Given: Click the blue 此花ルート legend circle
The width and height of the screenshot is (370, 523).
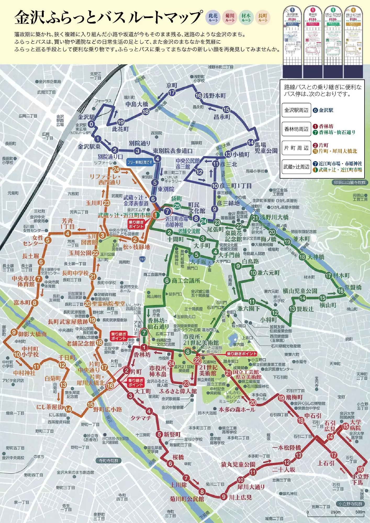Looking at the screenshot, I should (213, 18).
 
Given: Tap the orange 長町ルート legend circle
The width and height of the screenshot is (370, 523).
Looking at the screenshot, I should (263, 18).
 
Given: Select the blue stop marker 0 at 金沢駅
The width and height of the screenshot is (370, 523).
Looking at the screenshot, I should (91, 124).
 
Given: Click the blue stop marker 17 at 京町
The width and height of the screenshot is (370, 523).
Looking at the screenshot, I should (172, 93).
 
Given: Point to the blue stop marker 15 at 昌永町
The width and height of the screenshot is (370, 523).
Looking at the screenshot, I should (226, 110).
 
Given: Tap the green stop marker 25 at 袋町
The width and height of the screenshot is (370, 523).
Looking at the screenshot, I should (177, 206).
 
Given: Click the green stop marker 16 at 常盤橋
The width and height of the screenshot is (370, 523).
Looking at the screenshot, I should (340, 291).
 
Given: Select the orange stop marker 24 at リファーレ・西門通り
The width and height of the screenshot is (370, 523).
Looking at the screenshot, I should (116, 169).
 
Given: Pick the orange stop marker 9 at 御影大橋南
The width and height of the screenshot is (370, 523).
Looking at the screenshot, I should (14, 332).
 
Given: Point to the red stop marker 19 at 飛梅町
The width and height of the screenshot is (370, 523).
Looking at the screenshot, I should (281, 398).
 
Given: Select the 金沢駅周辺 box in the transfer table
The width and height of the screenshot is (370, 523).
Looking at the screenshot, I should (296, 110).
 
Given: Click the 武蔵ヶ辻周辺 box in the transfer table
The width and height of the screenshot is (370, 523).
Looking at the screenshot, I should (296, 167).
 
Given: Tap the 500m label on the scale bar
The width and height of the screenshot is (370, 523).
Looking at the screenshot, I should (360, 512).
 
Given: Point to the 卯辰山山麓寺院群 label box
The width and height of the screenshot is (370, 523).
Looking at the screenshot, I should (350, 183).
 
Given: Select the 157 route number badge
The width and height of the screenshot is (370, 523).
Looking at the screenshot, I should (142, 259).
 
